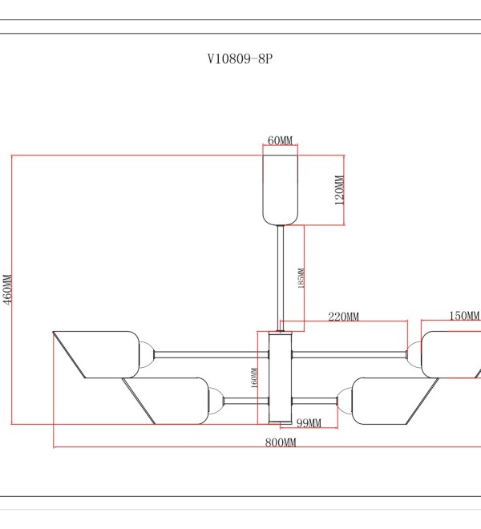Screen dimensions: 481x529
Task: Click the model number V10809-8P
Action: (240, 59)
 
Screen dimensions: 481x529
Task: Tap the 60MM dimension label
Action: (280, 140)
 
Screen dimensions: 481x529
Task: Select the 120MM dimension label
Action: (339, 190)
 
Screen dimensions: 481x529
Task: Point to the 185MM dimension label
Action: (301, 278)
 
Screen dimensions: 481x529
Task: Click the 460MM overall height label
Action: (7, 289)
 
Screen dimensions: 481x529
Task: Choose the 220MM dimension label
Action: (344, 317)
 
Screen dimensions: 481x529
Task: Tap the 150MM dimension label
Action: (464, 316)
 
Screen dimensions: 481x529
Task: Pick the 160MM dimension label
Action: (254, 378)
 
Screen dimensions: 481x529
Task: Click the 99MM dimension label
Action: (309, 422)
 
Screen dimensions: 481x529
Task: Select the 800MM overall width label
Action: (281, 442)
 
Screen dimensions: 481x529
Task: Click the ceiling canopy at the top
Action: (280, 190)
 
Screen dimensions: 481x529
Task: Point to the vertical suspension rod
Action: (281, 278)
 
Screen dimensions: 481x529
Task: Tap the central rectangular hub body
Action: (280, 378)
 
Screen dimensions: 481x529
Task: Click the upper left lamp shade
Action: (101, 354)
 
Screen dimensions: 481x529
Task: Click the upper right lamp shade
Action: (451, 354)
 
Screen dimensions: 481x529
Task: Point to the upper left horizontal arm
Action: (212, 354)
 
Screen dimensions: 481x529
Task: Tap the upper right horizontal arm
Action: (349, 354)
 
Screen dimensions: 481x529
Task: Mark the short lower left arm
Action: (246, 401)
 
